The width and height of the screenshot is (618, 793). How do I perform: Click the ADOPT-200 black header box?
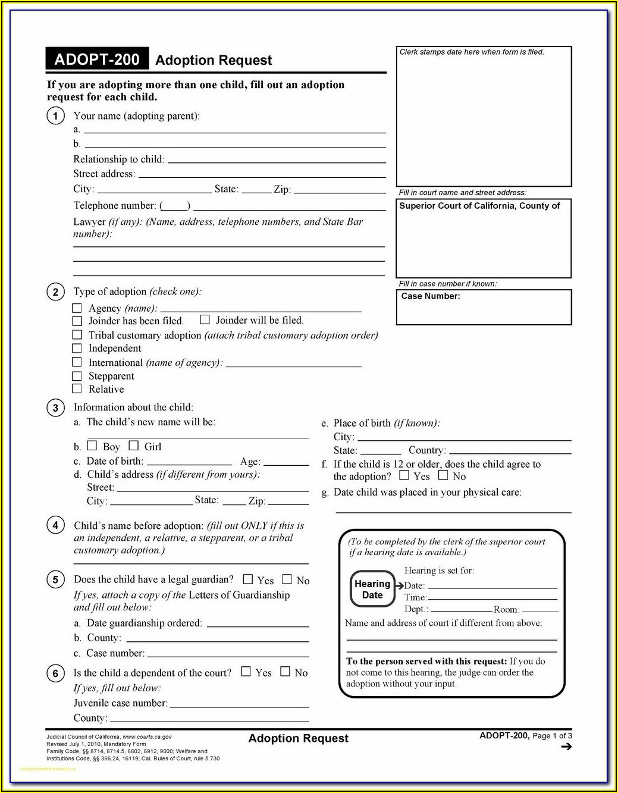(97, 59)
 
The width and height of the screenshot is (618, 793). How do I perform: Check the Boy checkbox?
(92, 446)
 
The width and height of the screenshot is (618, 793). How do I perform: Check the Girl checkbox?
(134, 446)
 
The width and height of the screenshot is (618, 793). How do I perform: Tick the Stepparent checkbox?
(77, 376)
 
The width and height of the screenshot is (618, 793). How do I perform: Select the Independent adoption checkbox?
(77, 349)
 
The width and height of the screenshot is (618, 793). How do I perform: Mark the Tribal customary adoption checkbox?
(77, 335)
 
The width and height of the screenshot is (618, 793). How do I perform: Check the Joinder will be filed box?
(205, 319)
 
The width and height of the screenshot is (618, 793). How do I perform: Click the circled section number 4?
(55, 525)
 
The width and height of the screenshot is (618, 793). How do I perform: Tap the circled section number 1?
(55, 116)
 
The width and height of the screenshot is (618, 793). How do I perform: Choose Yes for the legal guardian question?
(248, 579)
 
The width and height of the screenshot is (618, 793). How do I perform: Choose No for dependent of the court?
(286, 672)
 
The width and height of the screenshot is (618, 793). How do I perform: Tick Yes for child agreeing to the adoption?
(404, 475)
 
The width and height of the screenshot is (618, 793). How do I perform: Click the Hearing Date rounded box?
(372, 590)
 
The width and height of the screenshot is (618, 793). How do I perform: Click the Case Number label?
(431, 296)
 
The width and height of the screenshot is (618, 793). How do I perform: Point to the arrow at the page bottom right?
(566, 747)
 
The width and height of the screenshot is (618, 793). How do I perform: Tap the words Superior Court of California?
(456, 206)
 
